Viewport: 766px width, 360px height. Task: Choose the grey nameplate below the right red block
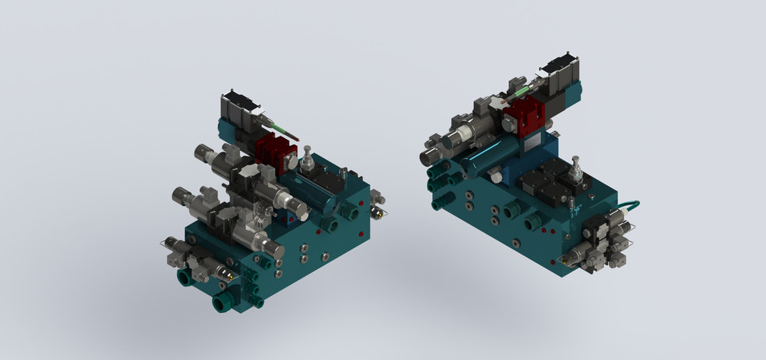coord(531,144)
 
